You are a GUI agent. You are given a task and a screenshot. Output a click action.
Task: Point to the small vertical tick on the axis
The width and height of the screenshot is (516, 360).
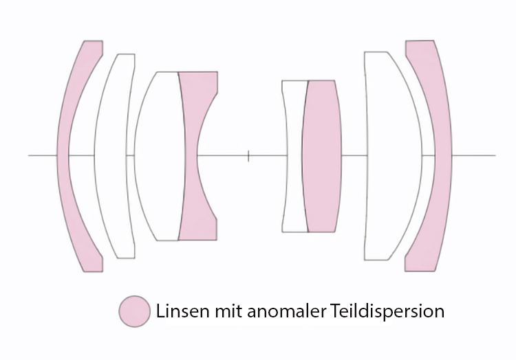(x=248, y=156)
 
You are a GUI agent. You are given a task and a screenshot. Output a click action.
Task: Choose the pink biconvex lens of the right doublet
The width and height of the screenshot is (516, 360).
(x=322, y=155)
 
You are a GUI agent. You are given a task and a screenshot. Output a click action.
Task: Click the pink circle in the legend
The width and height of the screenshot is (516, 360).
(x=134, y=311)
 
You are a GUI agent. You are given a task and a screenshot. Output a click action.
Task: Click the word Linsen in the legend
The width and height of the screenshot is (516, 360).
(x=179, y=311)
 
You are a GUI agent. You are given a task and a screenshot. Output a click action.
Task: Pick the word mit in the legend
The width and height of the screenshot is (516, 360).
(x=222, y=311)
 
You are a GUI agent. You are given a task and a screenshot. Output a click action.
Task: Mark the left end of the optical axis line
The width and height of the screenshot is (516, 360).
(x=29, y=155)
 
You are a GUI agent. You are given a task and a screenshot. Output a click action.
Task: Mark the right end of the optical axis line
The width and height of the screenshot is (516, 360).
(x=495, y=155)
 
